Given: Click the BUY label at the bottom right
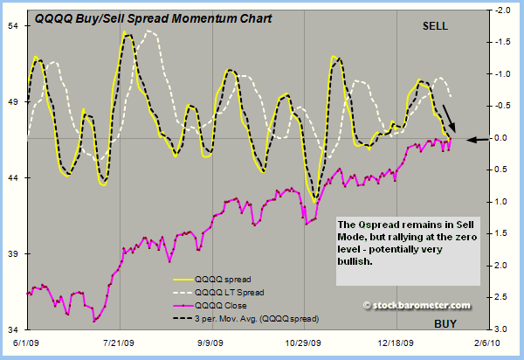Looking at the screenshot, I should click(x=445, y=324).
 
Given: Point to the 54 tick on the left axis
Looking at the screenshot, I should click(x=15, y=25).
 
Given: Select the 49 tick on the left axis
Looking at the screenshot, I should click(x=15, y=101).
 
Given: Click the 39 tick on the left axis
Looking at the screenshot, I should click(x=15, y=253).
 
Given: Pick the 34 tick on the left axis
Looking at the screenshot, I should click(x=15, y=329).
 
